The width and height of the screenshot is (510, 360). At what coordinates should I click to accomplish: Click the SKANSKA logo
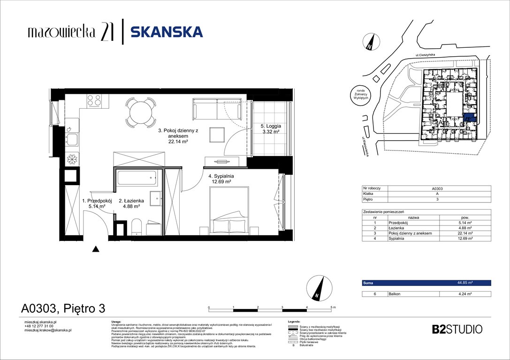click(x=166, y=32)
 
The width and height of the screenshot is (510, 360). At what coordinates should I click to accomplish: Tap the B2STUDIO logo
click(x=457, y=329)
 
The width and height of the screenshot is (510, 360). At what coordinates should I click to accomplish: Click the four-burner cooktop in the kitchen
click(x=94, y=100)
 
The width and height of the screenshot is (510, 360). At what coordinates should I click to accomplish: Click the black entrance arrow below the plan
click(x=96, y=249)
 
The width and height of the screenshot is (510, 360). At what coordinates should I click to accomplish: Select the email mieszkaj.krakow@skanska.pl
click(x=47, y=330)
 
